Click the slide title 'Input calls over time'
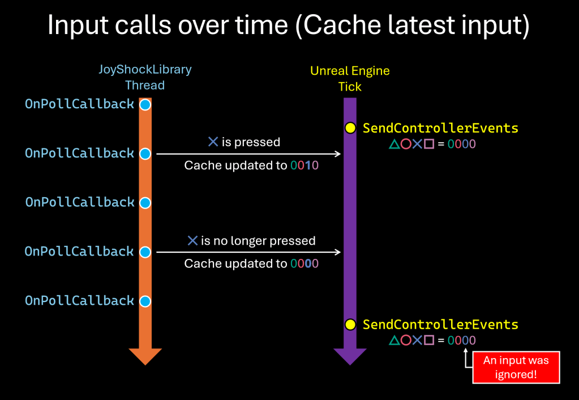pos(289,25)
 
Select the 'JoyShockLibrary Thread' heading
pos(145,78)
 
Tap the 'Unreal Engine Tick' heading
pos(350,79)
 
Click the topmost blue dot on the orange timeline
pos(145,105)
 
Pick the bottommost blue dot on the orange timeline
pos(145,301)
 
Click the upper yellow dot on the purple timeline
pos(350,128)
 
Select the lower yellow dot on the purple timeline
pos(350,325)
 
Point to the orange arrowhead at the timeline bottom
pos(145,356)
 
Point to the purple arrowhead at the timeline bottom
pos(350,356)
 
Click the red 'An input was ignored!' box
pos(516,367)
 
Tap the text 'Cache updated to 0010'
pos(251,165)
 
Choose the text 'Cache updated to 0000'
pos(251,263)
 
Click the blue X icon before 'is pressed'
pos(213,142)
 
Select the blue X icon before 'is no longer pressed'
pos(192,241)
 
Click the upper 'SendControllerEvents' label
pos(440,128)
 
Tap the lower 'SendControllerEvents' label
pos(440,325)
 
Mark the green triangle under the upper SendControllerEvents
pos(394,144)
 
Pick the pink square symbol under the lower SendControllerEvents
pos(428,341)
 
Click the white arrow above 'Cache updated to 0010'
pos(249,154)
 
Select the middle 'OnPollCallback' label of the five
pos(80,202)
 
